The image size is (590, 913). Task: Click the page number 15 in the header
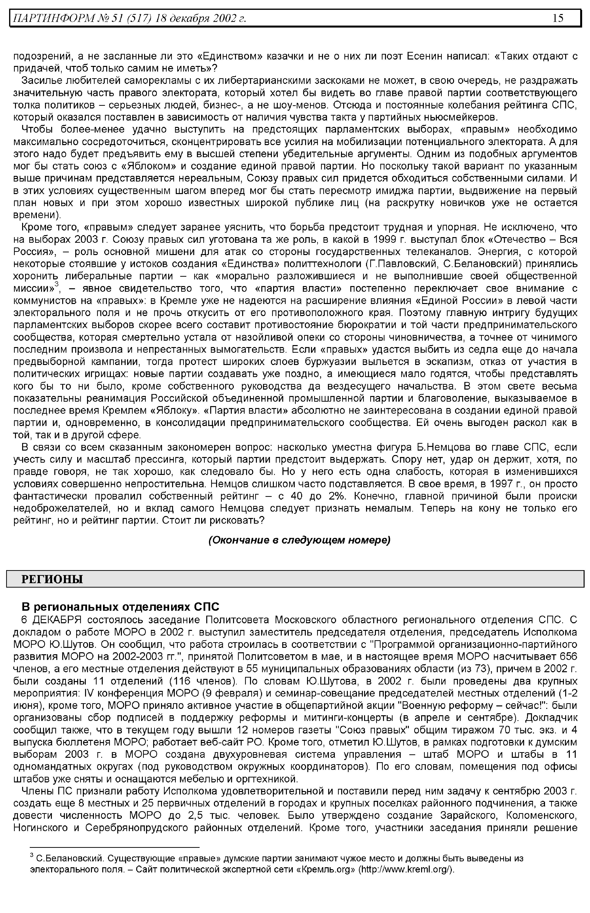point(558,18)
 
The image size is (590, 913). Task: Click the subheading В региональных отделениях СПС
point(120,607)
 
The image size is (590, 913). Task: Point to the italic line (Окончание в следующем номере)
point(299,540)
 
